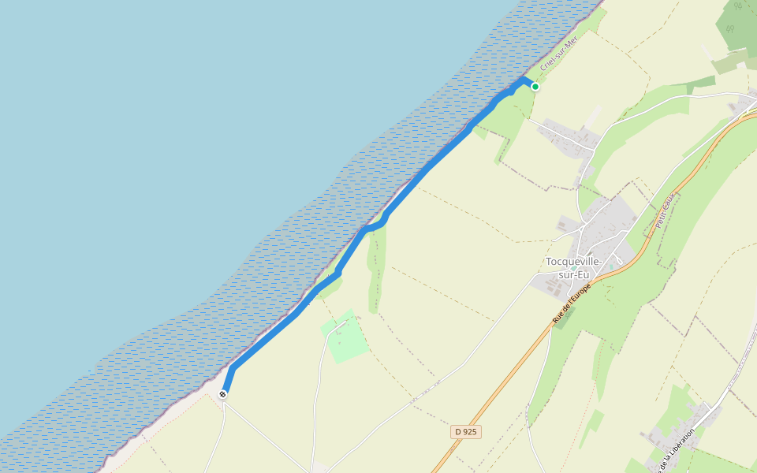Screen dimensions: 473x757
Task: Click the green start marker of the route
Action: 535,87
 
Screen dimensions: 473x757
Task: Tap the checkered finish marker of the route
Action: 224,393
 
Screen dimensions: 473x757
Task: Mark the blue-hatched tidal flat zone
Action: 237,300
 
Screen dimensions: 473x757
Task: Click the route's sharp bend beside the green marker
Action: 524,80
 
